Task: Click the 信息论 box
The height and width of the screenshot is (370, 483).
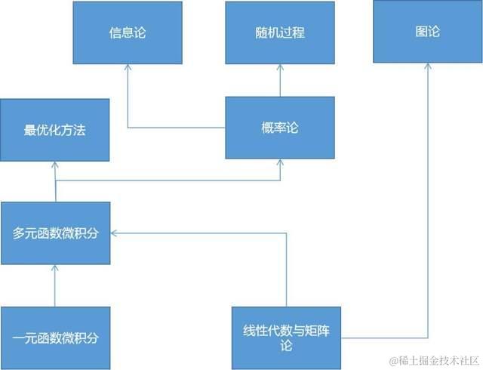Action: coord(128,32)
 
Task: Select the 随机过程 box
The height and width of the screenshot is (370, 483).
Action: coord(280,32)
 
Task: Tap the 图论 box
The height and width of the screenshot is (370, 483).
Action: coord(428,32)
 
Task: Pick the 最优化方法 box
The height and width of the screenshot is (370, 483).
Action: coord(55,129)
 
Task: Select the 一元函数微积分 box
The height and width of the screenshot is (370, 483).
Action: coord(56,338)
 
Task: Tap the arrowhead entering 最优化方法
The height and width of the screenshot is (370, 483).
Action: coord(56,165)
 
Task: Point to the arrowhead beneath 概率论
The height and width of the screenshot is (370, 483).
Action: coord(280,163)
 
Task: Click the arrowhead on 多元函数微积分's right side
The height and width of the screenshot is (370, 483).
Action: coord(115,233)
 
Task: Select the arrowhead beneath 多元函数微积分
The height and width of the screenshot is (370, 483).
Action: coord(56,270)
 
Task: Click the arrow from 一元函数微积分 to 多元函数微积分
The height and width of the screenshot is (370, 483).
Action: coord(56,287)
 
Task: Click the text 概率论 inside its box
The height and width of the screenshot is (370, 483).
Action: coord(280,128)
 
